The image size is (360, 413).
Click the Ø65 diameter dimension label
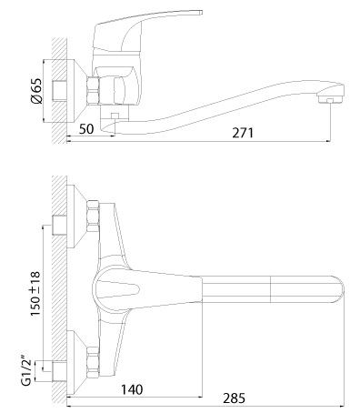[36, 91]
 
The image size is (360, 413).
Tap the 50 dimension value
[86, 129]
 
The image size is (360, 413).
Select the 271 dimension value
[242, 133]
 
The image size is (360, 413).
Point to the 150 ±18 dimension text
[35, 294]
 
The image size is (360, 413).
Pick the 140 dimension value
[132, 389]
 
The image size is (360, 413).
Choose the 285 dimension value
[234, 398]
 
